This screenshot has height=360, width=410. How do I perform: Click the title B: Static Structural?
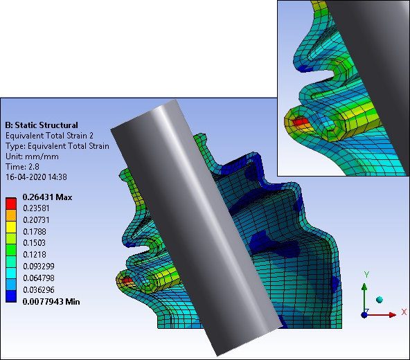(x=42, y=125)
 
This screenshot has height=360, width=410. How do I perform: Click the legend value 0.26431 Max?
(x=47, y=197)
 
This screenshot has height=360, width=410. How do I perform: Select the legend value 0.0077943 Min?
(x=51, y=302)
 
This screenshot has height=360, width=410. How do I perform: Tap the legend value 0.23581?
(x=36, y=208)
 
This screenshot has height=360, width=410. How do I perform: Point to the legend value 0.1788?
(x=35, y=232)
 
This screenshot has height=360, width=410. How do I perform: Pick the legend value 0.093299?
(x=39, y=267)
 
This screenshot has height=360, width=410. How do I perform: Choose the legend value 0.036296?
(x=39, y=290)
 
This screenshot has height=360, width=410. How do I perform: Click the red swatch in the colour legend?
(x=11, y=204)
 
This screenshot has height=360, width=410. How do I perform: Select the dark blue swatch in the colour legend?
(x=11, y=296)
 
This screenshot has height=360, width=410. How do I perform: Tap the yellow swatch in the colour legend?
(x=11, y=227)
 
